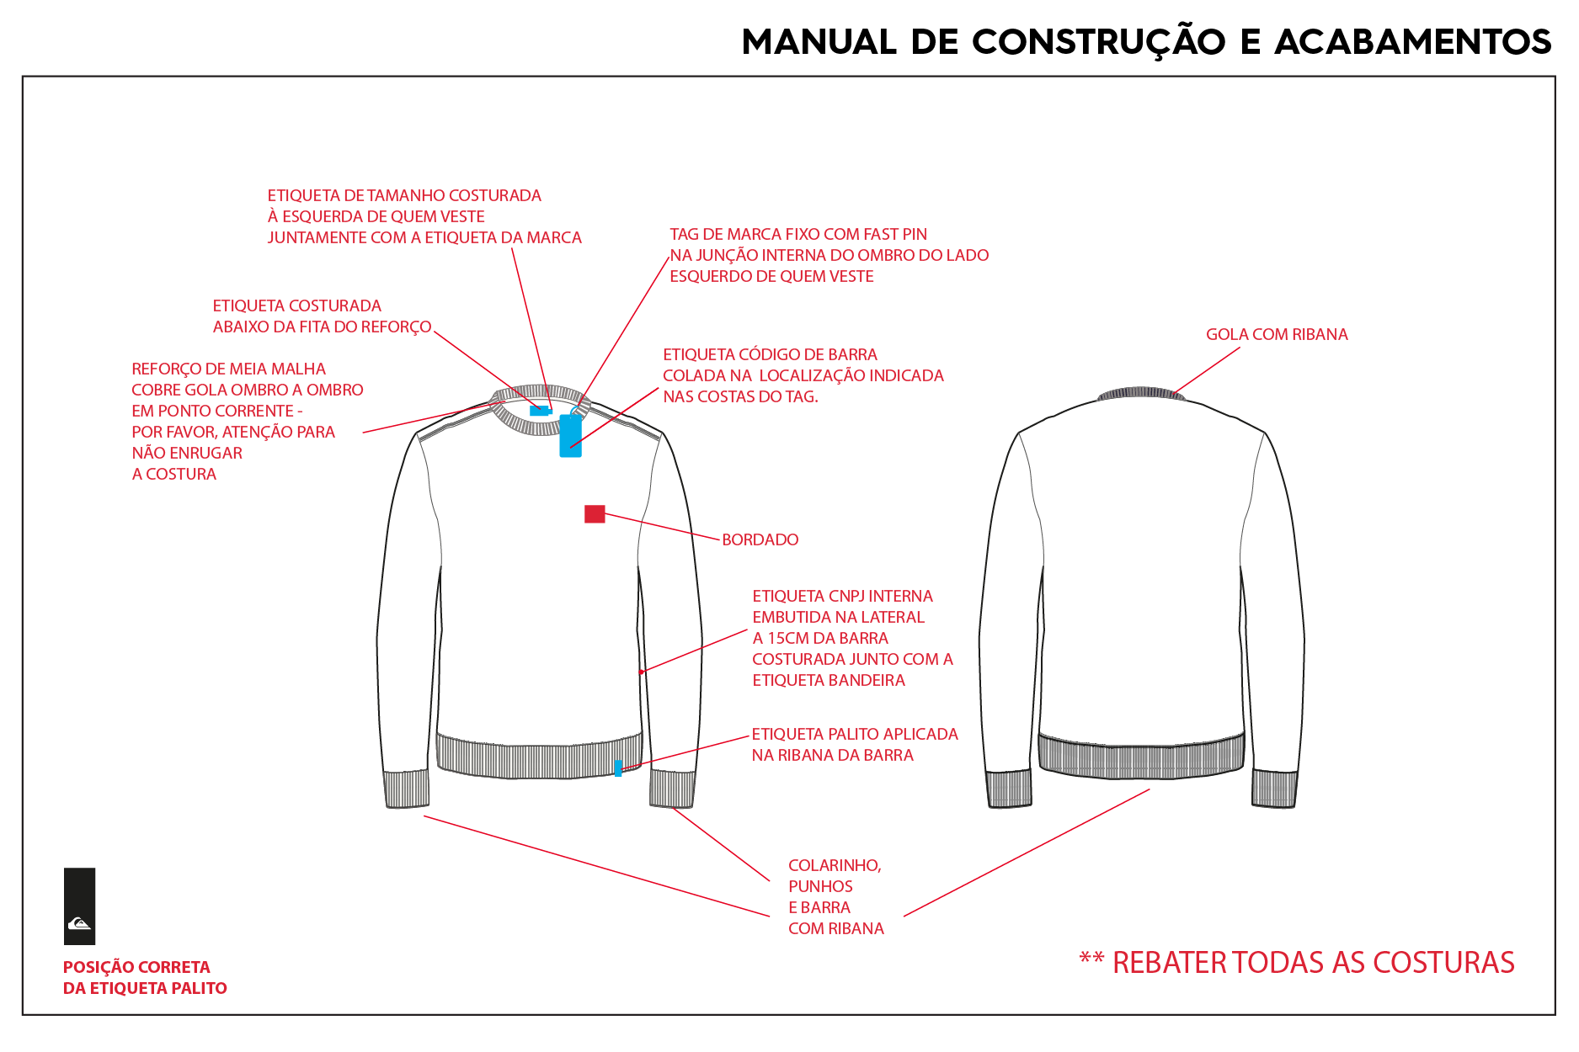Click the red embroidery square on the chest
click(x=595, y=513)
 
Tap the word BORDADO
click(x=760, y=539)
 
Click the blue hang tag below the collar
click(x=571, y=435)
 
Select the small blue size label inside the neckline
click(x=540, y=411)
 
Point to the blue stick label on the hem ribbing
click(x=618, y=768)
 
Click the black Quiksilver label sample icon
click(x=79, y=906)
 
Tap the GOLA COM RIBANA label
click(x=1277, y=334)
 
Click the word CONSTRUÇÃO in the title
click(x=1099, y=42)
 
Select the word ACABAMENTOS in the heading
click(x=1413, y=42)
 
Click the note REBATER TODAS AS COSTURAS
click(x=1297, y=962)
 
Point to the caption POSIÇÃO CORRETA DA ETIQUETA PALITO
click(x=145, y=977)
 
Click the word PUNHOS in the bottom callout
click(x=820, y=886)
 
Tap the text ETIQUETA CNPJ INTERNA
click(x=842, y=596)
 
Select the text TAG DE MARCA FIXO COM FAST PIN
click(x=798, y=234)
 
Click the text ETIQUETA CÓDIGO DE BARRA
click(x=770, y=354)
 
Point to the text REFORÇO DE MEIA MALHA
click(x=228, y=369)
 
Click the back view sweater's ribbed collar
click(x=1141, y=393)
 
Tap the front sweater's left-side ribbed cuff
click(x=408, y=789)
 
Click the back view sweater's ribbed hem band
click(x=1141, y=756)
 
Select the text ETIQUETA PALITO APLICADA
click(x=855, y=734)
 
